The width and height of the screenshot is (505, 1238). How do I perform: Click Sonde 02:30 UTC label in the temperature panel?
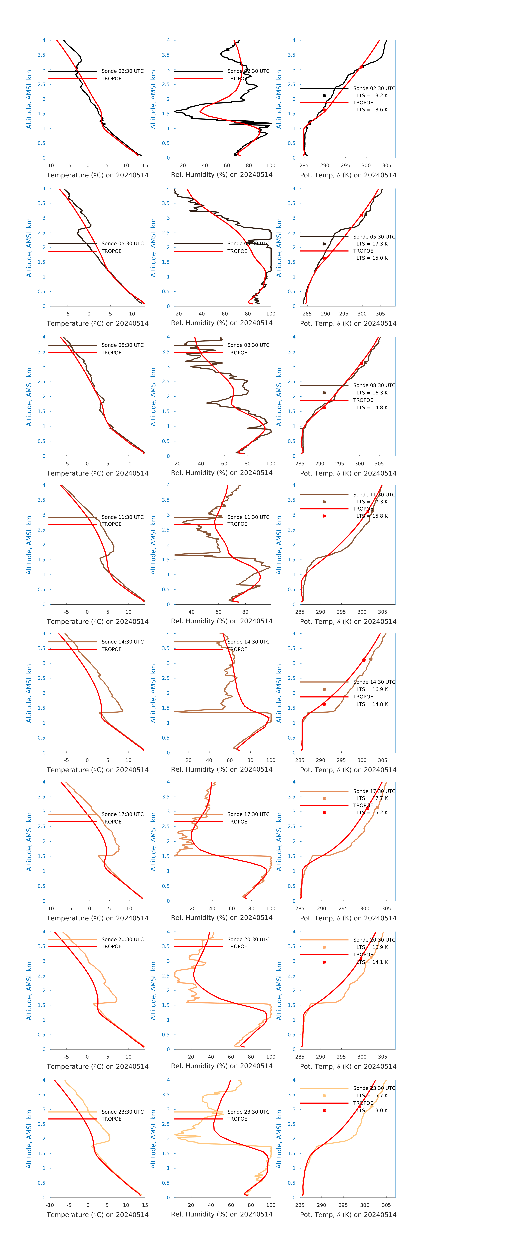(x=123, y=71)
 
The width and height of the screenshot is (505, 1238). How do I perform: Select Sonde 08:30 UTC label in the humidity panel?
(x=248, y=345)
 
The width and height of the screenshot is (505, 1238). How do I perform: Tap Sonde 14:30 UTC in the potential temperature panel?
(x=374, y=682)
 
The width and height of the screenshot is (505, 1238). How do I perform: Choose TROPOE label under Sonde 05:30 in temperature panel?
(x=111, y=251)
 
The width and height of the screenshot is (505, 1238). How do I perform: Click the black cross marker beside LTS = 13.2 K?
(x=324, y=96)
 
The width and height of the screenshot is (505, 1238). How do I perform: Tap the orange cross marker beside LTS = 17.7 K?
(x=324, y=798)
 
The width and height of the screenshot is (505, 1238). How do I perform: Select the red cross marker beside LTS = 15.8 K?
(x=324, y=516)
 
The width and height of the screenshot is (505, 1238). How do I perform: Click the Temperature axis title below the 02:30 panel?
(x=98, y=175)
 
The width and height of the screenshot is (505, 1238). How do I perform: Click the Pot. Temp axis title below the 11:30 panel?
(x=348, y=622)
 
